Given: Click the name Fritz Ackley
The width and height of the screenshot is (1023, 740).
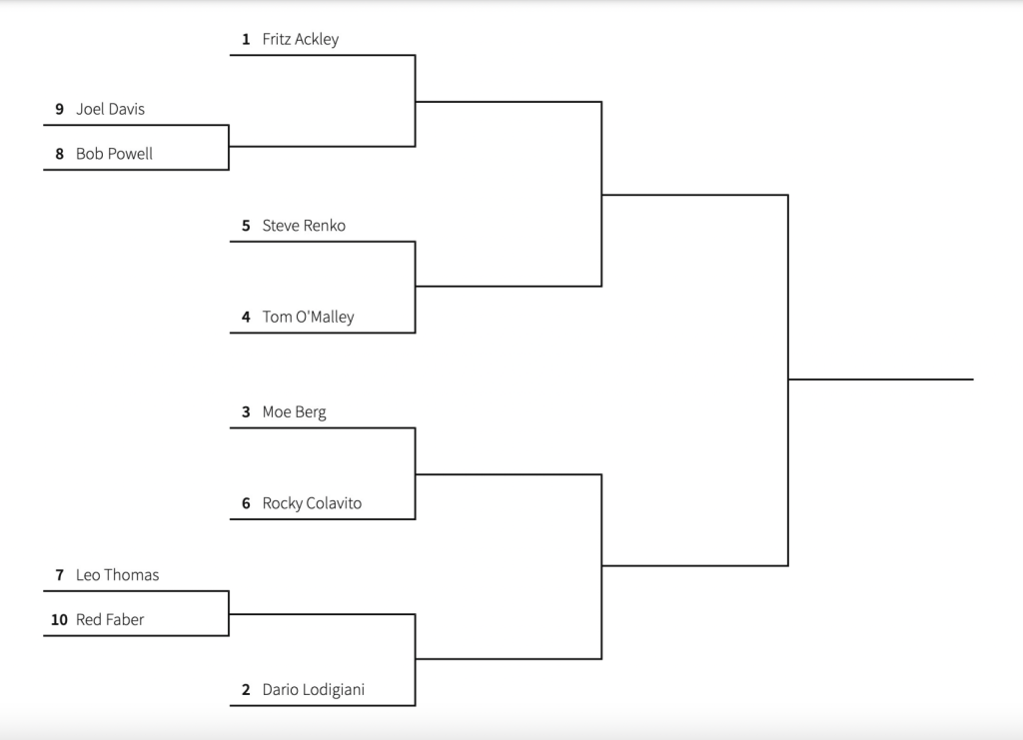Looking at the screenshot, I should coord(300,40).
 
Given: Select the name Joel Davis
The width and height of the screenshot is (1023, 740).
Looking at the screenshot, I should coord(110,109).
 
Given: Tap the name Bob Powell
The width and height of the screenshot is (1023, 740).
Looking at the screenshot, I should coord(114,154).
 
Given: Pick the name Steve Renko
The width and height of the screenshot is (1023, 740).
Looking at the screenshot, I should coord(304,226).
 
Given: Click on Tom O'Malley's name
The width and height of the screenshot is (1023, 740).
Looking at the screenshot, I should coord(308,318).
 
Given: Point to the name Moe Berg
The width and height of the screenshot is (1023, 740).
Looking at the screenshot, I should coord(294,411).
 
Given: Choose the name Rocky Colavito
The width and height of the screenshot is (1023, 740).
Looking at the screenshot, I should coord(312,503).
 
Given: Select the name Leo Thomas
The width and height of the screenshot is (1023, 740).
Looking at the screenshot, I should coord(117,575).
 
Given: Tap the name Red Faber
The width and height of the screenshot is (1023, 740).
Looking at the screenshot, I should coord(110,620).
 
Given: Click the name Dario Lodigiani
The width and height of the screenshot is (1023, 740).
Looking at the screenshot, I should coord(313,690).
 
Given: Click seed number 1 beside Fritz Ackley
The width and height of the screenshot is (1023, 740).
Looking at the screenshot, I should coord(246,40).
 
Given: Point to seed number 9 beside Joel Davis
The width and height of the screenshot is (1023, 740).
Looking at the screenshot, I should coord(60,109).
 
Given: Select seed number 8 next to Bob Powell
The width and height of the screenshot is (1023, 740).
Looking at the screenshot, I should coord(60,154).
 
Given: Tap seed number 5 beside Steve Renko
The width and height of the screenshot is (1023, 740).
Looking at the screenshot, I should coord(246,226).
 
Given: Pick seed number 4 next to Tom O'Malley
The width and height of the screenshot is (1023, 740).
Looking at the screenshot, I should coord(246,318).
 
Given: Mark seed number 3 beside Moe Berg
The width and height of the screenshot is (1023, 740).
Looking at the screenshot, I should coord(246,411).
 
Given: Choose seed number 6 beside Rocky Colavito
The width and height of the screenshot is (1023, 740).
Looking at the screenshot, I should coord(246,503).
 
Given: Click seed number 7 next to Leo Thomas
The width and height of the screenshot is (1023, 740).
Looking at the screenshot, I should coord(60,575).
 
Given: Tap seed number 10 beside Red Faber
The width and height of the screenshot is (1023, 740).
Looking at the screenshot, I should coord(59,620).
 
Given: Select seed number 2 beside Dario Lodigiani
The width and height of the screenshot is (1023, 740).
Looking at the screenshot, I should coord(246,690).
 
